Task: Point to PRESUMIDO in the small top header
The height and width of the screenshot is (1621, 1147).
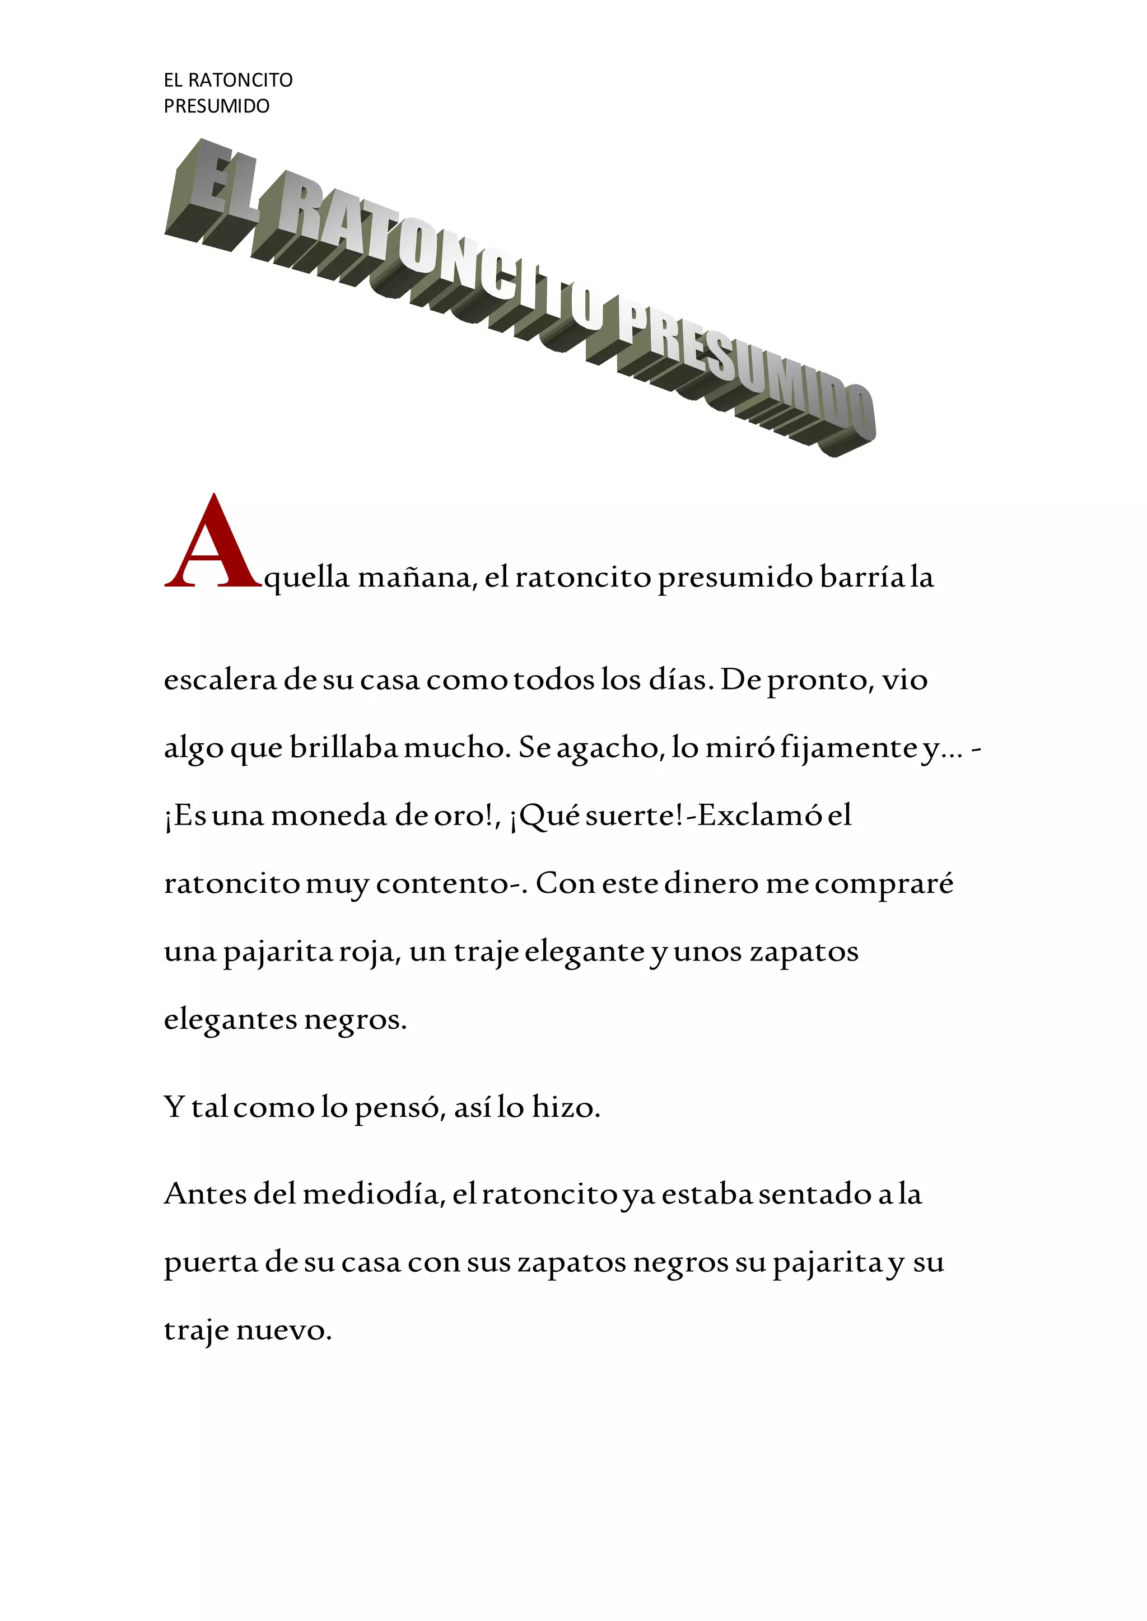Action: tap(217, 106)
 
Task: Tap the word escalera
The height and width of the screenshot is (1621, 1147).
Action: tap(220, 680)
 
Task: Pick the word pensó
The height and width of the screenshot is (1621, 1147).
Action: tap(399, 1108)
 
